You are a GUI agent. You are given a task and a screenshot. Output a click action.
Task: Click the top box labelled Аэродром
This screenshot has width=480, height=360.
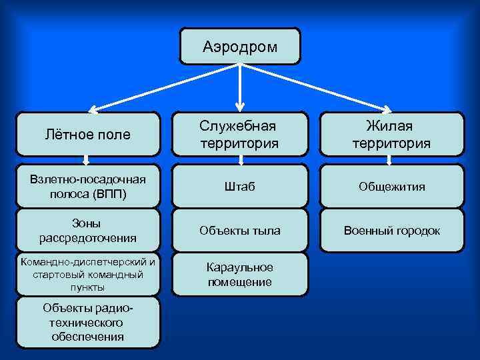coord(240,46)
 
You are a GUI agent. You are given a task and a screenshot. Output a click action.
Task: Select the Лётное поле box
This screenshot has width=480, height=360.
coord(88,134)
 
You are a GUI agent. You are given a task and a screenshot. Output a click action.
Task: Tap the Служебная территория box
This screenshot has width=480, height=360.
coord(240,133)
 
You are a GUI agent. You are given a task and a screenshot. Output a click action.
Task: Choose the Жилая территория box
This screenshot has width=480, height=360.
coord(391,133)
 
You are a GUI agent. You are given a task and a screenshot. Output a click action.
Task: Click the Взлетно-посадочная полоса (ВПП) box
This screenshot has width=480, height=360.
coord(88,185)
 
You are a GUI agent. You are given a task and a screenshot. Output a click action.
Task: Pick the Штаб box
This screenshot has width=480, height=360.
coord(240,186)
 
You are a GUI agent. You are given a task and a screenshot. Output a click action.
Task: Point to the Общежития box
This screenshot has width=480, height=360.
coord(391,186)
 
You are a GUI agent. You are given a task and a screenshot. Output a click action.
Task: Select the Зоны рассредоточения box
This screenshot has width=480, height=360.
coord(88,230)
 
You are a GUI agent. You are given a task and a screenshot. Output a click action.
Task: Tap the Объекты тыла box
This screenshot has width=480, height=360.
coord(240,230)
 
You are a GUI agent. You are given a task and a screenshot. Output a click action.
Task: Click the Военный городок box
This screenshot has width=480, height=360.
coord(391,230)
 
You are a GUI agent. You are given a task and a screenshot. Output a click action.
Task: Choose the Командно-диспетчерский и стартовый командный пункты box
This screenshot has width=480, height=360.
coord(88,273)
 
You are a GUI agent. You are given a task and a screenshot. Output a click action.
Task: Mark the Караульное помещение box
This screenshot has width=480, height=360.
coord(240,274)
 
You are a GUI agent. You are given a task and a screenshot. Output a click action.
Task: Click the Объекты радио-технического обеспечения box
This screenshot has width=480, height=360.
coord(88,322)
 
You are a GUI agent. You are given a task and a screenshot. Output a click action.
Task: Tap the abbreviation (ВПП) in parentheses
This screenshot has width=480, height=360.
coord(111,193)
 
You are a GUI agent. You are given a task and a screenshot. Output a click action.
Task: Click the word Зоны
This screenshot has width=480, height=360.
coord(88,223)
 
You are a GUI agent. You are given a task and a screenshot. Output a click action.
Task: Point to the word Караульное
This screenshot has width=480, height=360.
coord(240,267)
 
